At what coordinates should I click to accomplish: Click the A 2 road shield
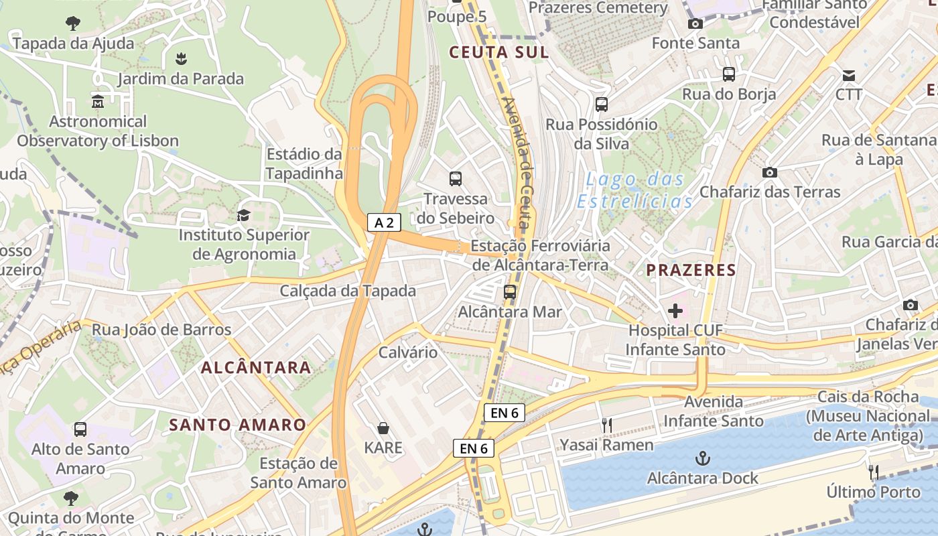[x=384, y=222]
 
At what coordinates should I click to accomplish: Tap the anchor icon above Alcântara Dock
[x=703, y=459]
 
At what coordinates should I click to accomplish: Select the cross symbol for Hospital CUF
[x=675, y=311]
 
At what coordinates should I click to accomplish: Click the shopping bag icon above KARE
[x=383, y=427]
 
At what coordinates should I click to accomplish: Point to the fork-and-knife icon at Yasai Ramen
[x=607, y=425]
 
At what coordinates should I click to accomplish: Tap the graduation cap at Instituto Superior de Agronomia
[x=243, y=215]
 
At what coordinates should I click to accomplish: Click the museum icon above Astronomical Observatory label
[x=98, y=102]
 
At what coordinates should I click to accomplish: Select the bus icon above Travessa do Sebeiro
[x=456, y=179]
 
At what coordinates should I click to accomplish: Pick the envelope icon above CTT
[x=849, y=75]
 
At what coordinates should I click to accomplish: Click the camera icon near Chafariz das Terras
[x=770, y=172]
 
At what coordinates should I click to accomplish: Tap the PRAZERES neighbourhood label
[x=691, y=270]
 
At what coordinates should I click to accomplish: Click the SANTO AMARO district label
[x=237, y=425]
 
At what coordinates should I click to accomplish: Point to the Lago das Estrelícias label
[x=634, y=190]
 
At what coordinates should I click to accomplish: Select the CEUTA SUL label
[x=498, y=52]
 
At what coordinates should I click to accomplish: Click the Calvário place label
[x=408, y=352]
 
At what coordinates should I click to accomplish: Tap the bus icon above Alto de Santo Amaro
[x=80, y=429]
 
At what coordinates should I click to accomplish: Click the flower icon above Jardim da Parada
[x=181, y=59]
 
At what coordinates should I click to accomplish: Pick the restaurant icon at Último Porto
[x=874, y=472]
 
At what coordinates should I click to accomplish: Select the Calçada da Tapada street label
[x=348, y=291]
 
